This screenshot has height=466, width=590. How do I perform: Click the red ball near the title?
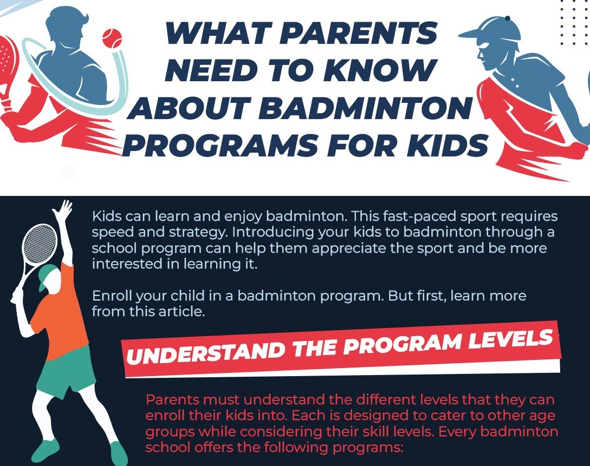pos(112,38)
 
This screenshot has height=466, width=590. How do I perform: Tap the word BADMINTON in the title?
pos(365,108)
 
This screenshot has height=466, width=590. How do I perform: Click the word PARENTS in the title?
pos(358,32)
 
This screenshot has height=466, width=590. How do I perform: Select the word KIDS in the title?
pos(448,146)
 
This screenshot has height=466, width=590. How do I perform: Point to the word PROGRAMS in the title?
pos(220,146)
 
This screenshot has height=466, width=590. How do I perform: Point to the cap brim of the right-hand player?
pos(475,34)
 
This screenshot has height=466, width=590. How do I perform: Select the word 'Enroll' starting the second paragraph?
pos(112,296)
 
